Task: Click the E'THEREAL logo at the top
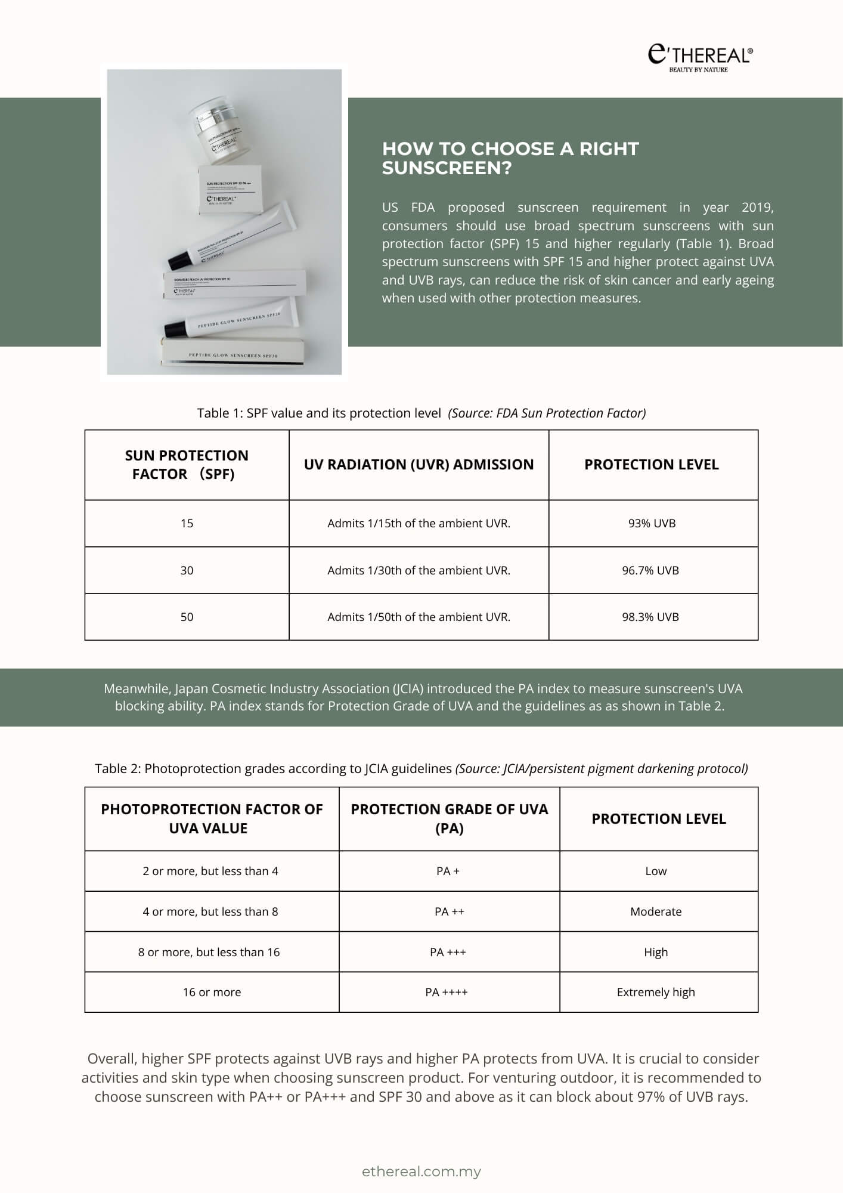click(700, 57)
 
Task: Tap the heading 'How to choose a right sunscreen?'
click(510, 158)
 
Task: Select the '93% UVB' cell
click(652, 523)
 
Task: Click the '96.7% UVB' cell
click(650, 570)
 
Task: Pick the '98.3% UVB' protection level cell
click(650, 617)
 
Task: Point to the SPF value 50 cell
click(187, 617)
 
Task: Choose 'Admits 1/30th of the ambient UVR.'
click(419, 570)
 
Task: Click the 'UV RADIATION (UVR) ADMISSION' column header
click(419, 465)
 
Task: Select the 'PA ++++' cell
click(447, 992)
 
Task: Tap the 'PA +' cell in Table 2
click(448, 871)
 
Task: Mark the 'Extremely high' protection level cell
click(656, 992)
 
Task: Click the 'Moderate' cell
click(656, 911)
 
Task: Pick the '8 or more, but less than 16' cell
click(209, 952)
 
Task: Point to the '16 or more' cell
click(212, 992)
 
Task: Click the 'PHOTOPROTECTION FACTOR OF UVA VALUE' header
click(212, 818)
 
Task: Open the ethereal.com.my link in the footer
click(421, 1172)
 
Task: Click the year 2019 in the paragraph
click(757, 208)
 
